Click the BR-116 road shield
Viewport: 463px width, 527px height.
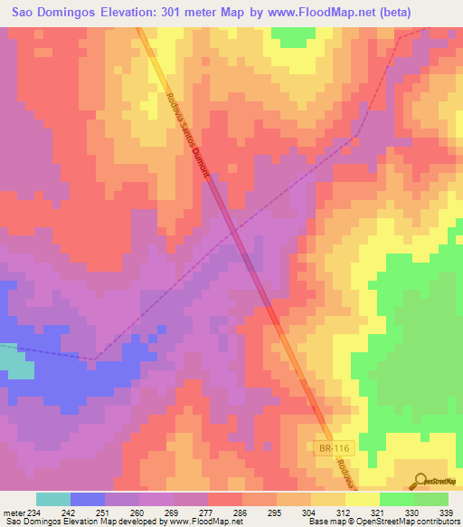pyautogui.click(x=333, y=448)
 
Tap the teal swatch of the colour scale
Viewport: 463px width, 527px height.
pyautogui.click(x=53, y=499)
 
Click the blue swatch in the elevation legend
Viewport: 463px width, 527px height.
pyautogui.click(x=88, y=499)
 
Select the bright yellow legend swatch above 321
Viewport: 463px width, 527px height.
pyautogui.click(x=362, y=499)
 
